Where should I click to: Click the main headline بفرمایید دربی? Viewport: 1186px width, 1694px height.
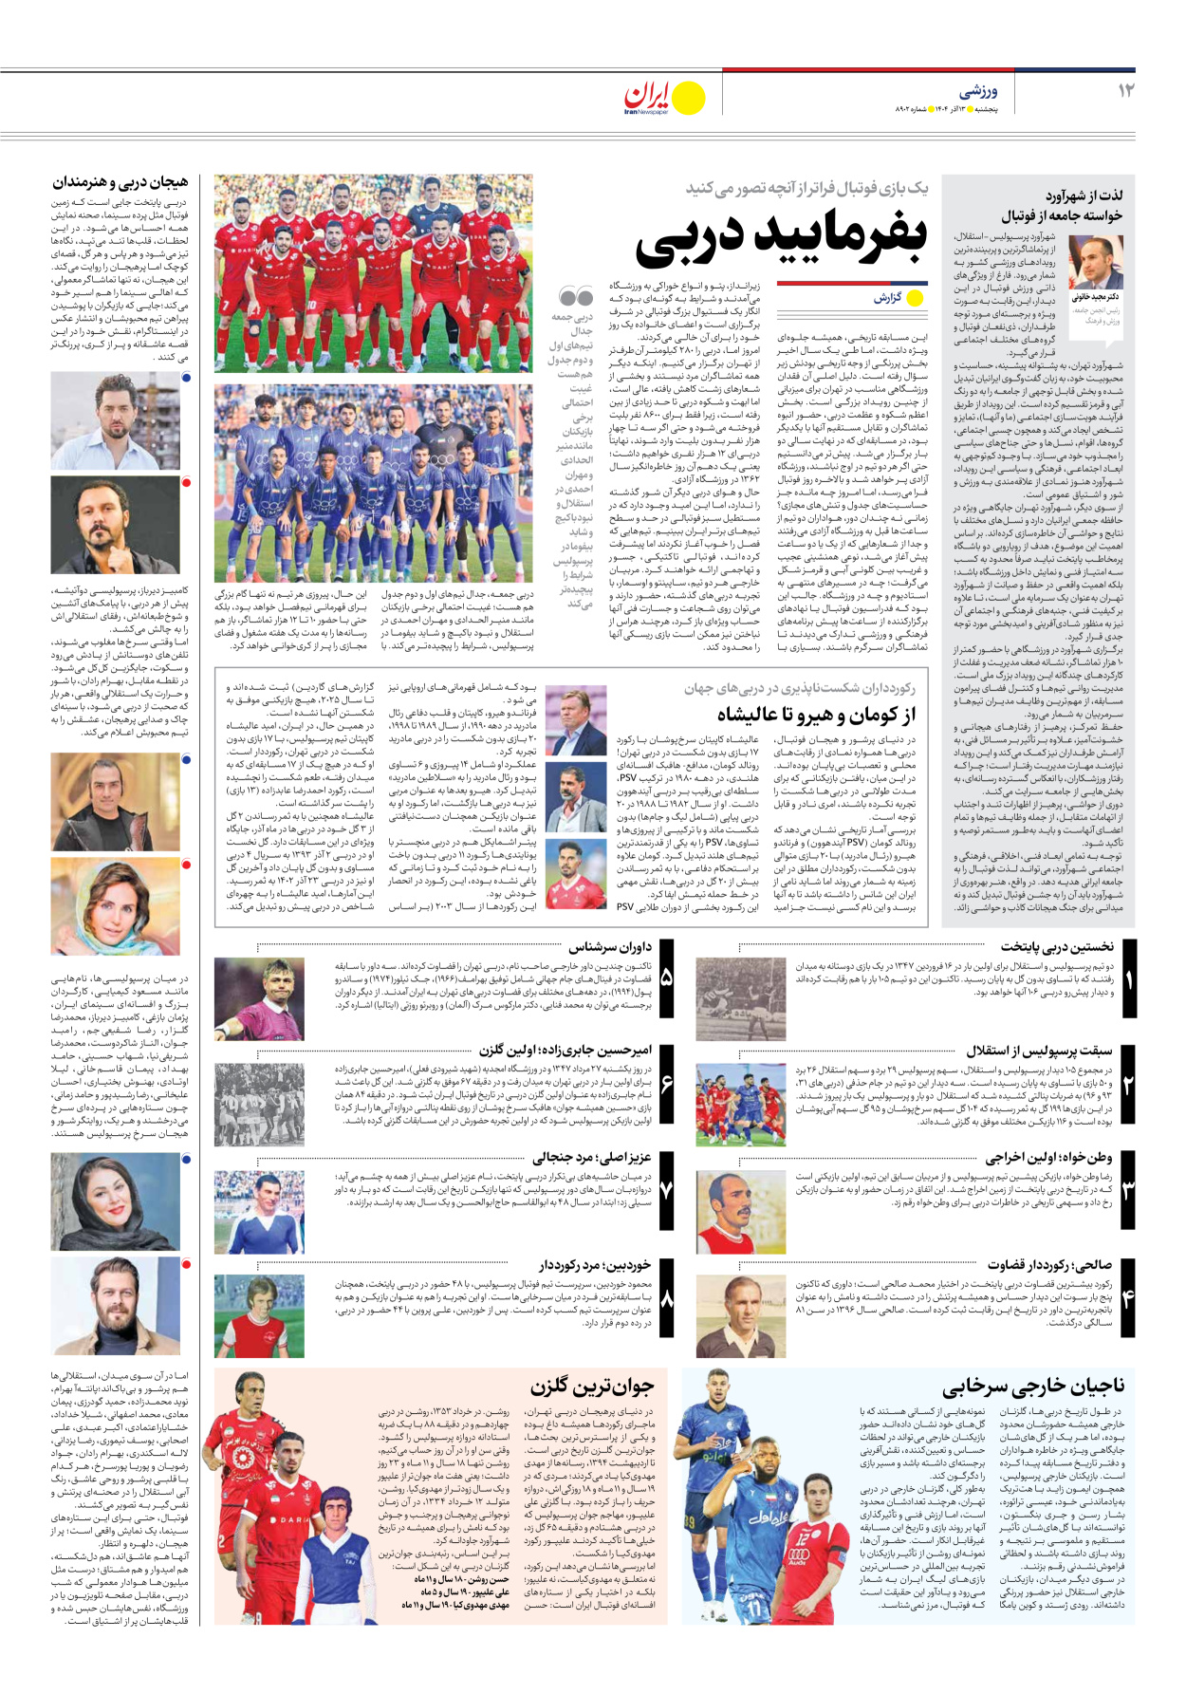coord(781,240)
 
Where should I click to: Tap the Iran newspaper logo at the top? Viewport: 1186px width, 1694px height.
coord(663,98)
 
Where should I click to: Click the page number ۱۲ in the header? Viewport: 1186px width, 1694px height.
coord(1126,90)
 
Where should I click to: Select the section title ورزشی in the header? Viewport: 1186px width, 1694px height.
coord(978,91)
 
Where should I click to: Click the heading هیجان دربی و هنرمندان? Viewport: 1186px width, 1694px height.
coord(120,182)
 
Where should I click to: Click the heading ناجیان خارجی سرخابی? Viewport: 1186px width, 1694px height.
coord(1033,1387)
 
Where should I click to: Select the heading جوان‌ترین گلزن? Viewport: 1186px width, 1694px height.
coord(592,1387)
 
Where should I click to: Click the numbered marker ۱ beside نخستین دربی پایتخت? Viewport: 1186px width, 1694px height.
coord(1129,979)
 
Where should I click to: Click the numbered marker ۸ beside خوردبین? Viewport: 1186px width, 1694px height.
coord(666,1299)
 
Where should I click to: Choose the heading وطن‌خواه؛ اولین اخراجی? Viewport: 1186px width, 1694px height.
coord(1049,1158)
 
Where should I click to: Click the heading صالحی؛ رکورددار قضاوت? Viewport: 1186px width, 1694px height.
coord(1049,1265)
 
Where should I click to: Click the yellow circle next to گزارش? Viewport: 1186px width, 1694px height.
coord(916,298)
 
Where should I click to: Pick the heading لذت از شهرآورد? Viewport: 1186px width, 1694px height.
coord(1085,195)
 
